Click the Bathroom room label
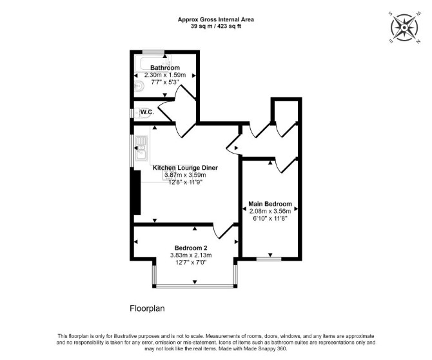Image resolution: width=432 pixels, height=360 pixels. [x=165, y=68]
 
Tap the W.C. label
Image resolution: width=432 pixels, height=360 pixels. [x=147, y=112]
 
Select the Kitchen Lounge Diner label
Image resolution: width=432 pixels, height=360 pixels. [x=185, y=168]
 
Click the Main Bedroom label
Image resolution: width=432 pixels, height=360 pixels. [x=270, y=204]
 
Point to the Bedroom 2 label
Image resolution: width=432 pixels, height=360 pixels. [x=191, y=248]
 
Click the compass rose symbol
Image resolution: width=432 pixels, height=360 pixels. [x=404, y=28]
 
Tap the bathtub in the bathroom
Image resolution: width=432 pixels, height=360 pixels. [x=155, y=63]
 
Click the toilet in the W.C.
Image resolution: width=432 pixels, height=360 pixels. [x=144, y=113]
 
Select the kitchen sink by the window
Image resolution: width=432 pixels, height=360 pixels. [x=141, y=148]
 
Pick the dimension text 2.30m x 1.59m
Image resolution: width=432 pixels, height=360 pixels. [x=165, y=75]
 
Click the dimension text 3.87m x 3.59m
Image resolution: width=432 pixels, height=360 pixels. [x=185, y=175]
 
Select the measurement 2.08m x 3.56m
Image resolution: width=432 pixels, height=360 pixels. [x=270, y=211]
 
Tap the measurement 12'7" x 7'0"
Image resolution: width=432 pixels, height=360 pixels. [x=191, y=263]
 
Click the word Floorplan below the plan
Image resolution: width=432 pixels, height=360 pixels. [x=147, y=308]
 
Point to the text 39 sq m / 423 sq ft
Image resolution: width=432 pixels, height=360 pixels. [x=216, y=26]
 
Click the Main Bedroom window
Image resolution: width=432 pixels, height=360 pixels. [x=269, y=259]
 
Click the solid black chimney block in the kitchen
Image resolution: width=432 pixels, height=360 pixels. [x=137, y=192]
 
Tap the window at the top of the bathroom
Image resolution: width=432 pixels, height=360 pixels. [x=153, y=52]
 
